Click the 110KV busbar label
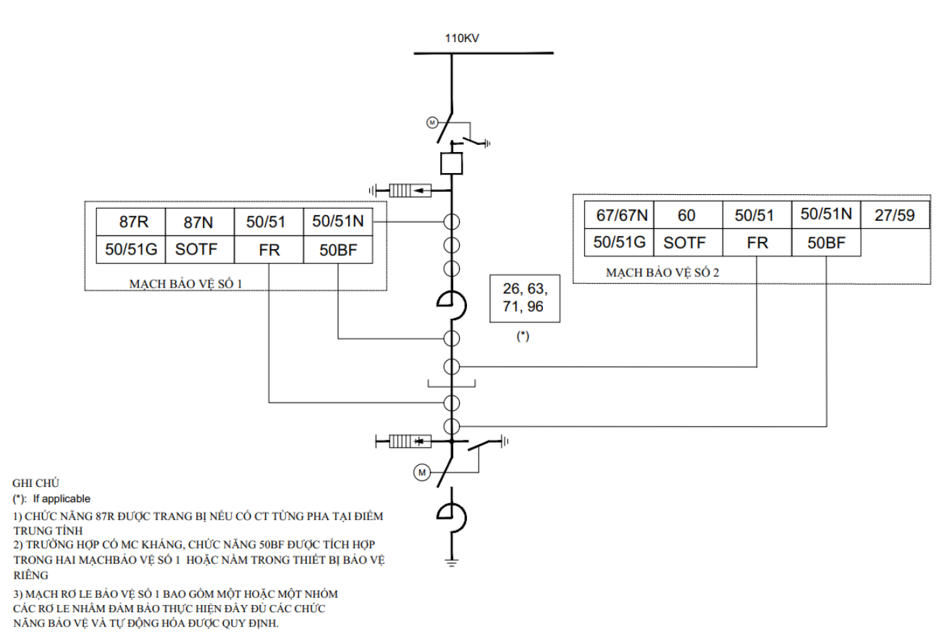point(462,38)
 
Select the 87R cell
point(130,222)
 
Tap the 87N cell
point(200,222)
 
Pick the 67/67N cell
point(619,215)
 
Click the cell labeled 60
point(688,215)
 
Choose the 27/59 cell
point(895,215)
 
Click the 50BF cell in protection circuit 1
point(338,250)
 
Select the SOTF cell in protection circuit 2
point(688,243)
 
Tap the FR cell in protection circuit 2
point(757,243)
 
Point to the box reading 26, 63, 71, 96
point(525,298)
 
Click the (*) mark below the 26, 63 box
point(523,336)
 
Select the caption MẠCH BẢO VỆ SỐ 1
point(185,283)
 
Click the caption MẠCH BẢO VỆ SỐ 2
point(662,272)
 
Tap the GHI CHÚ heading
point(35,483)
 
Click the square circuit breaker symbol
point(452,163)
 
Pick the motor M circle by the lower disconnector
point(422,472)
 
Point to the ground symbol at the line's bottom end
point(452,562)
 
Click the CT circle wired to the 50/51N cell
point(452,222)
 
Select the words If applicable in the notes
point(62,498)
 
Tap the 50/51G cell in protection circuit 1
point(130,250)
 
